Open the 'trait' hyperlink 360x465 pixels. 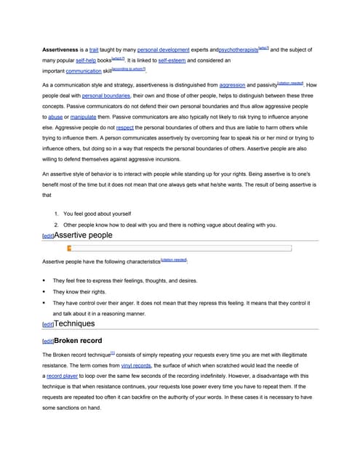94,49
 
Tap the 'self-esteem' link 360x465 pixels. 172,61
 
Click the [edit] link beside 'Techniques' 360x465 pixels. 48,324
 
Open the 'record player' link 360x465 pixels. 63,376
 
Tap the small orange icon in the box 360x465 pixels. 69,248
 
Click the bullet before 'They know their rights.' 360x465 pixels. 45,291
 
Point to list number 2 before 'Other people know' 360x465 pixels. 57,225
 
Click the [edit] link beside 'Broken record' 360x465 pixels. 48,341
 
